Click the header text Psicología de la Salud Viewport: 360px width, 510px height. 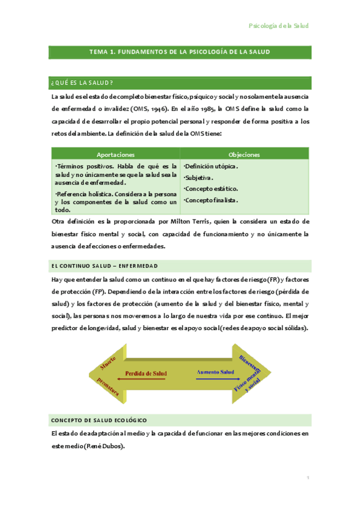(278, 26)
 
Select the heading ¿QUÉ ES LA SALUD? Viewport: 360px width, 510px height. (83, 82)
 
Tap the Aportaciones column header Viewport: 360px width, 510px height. (115, 155)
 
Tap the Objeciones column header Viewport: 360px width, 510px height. (244, 155)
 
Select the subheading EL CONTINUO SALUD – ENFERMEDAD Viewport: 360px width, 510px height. (105, 265)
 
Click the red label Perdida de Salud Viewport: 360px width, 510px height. (145, 373)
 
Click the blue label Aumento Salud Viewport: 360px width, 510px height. (215, 372)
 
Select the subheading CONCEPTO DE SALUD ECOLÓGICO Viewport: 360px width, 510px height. (99, 420)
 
